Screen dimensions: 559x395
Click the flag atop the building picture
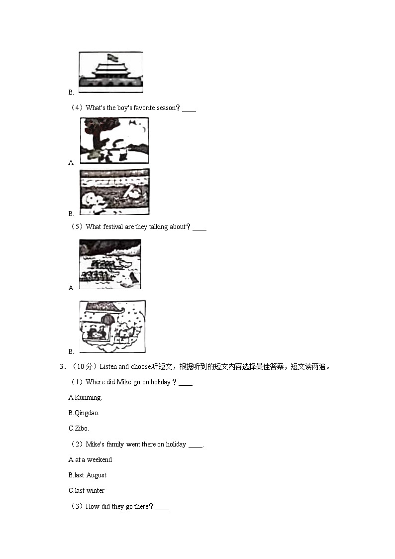[111, 56]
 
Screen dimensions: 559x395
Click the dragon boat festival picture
[110, 264]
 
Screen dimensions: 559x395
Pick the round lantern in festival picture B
[108, 318]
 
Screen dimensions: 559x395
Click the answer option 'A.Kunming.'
[85, 397]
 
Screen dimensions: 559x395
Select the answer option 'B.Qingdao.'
[84, 413]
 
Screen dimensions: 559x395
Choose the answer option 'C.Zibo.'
[79, 428]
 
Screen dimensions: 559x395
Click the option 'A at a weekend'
[90, 459]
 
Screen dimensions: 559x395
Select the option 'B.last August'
[88, 475]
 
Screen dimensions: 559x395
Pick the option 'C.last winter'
[87, 490]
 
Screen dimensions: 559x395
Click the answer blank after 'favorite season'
[189, 109]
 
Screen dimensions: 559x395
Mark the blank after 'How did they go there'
[162, 507]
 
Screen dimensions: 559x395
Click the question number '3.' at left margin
[62, 367]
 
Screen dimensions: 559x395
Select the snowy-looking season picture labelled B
[114, 192]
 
